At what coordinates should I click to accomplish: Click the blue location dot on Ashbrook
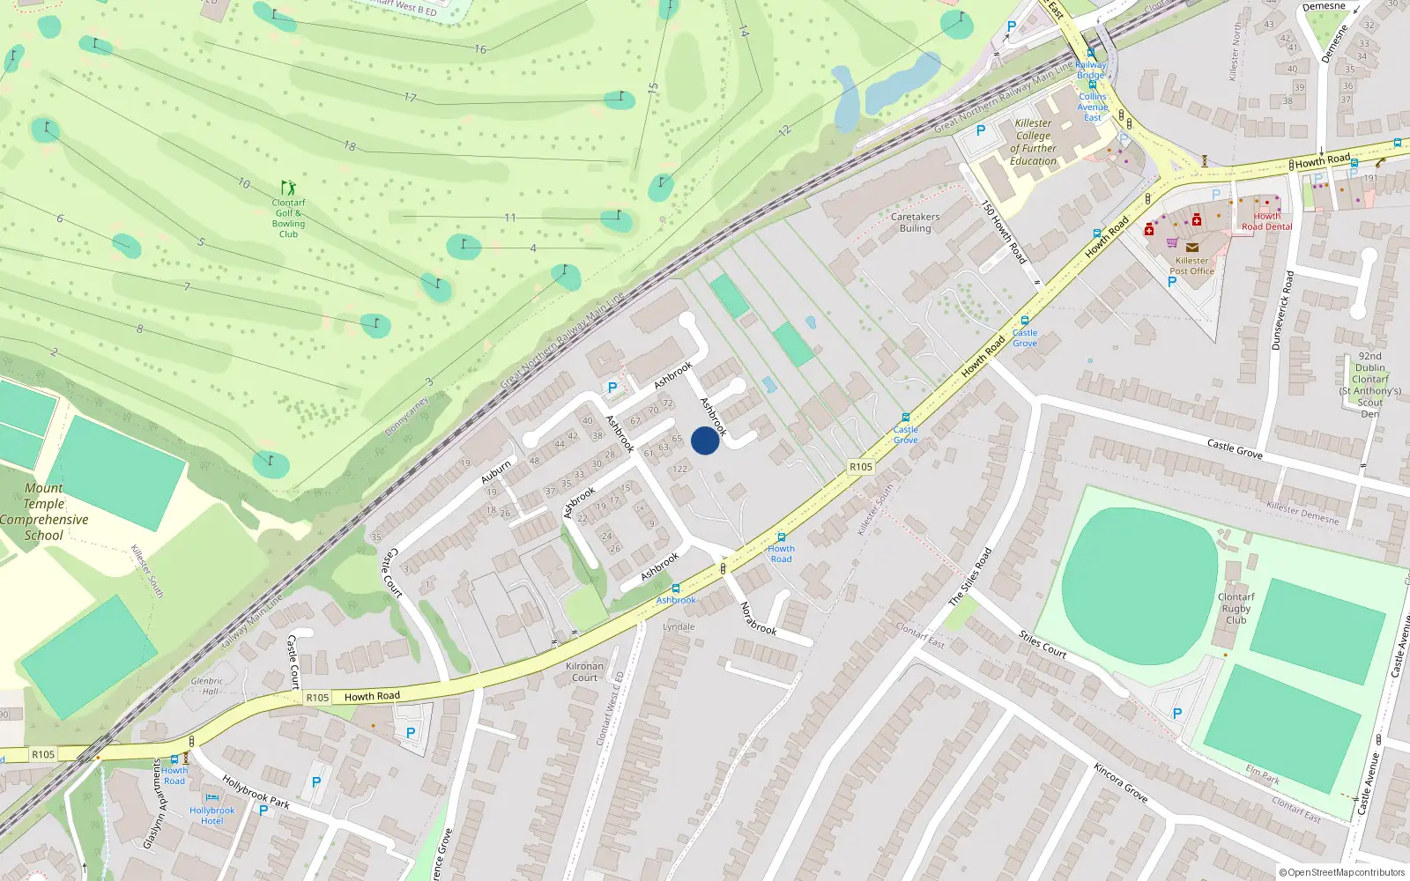(705, 440)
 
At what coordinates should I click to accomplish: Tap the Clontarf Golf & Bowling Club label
(288, 218)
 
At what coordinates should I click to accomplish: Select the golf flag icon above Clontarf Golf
(288, 188)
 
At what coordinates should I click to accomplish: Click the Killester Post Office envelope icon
(1191, 248)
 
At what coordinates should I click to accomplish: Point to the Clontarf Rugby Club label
(1236, 608)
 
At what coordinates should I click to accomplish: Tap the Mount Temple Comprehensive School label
(44, 512)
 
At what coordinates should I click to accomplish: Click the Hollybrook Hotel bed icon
(211, 798)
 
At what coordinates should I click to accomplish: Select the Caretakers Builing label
(915, 222)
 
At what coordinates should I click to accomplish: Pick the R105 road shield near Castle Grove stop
(860, 467)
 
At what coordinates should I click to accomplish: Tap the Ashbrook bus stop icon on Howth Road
(676, 589)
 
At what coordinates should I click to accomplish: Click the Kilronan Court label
(584, 671)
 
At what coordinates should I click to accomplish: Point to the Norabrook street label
(757, 618)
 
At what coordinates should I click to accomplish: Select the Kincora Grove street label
(1120, 782)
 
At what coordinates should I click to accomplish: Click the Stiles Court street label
(1042, 644)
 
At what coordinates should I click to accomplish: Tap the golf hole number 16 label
(480, 49)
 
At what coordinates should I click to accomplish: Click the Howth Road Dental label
(1266, 221)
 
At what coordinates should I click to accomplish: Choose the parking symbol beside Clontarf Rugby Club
(1176, 714)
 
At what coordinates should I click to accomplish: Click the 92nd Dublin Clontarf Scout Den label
(1369, 385)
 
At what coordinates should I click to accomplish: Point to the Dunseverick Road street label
(1282, 310)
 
